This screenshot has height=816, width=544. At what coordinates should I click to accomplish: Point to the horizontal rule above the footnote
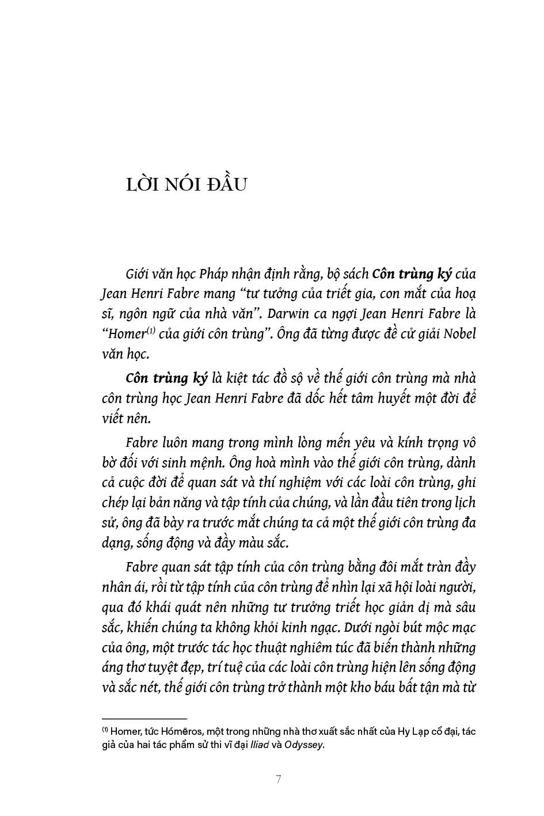(144, 718)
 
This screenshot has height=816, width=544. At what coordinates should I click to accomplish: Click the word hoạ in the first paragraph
(465, 294)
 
